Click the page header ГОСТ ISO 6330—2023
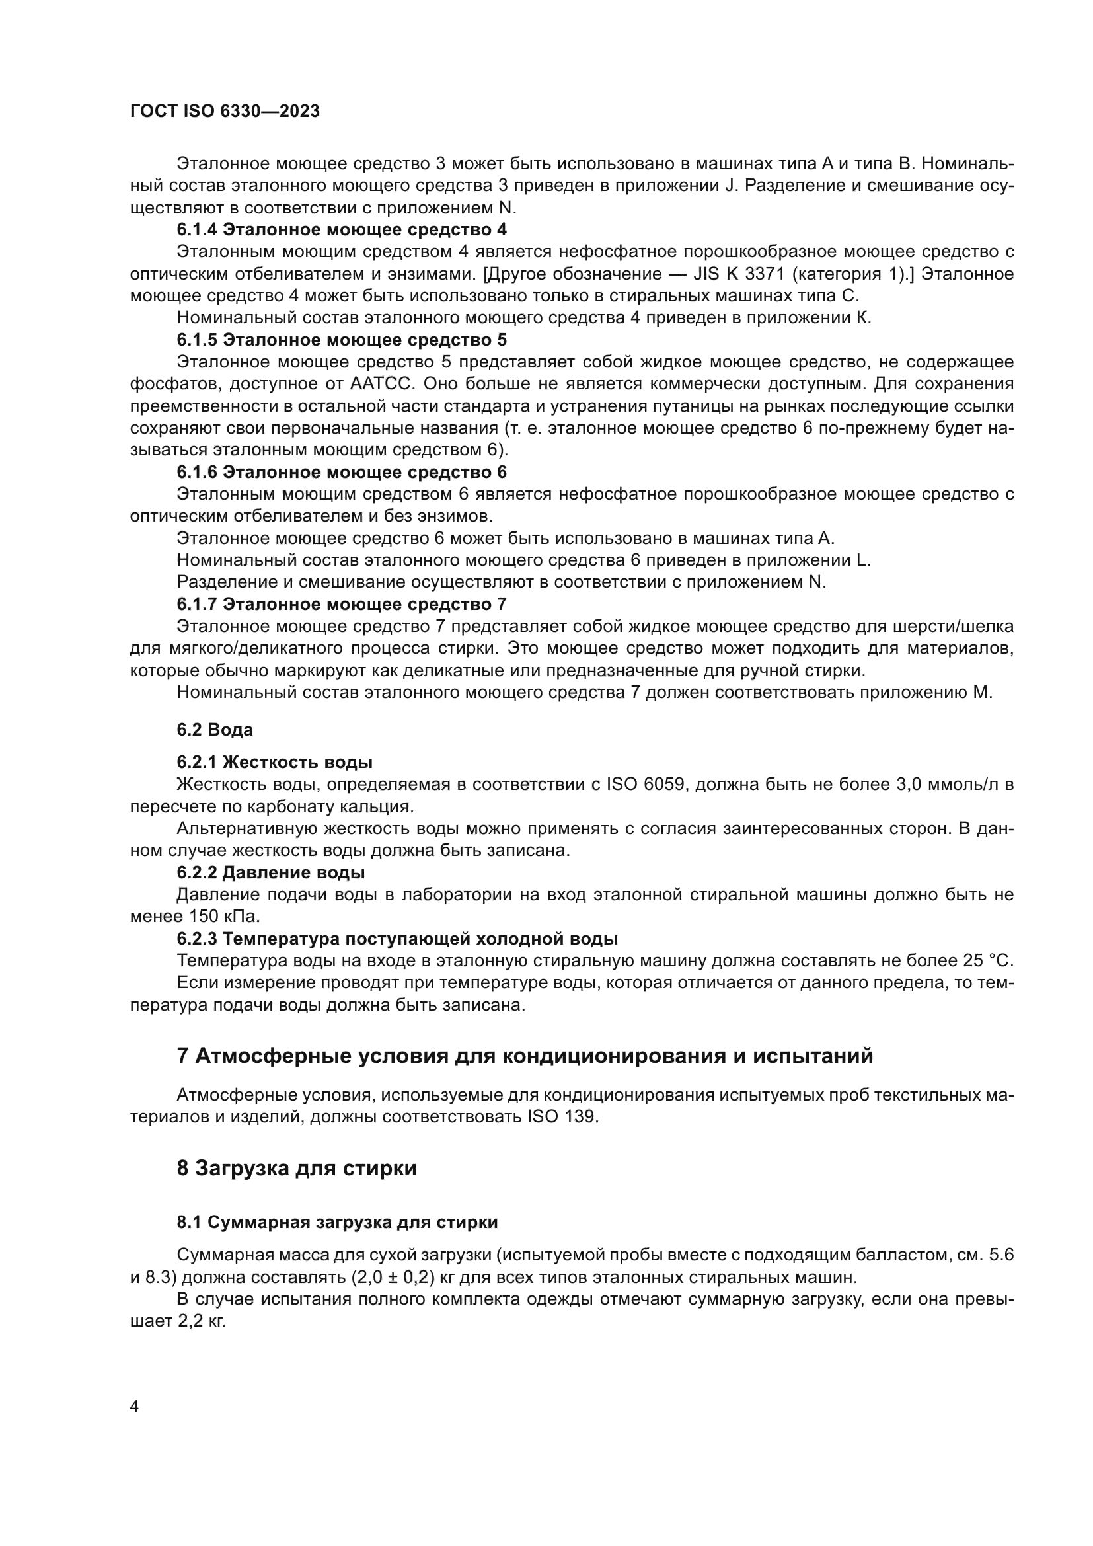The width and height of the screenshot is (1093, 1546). pos(225,112)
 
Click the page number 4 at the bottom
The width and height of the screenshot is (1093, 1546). pos(134,1407)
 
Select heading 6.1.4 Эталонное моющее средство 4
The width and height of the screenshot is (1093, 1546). pos(341,229)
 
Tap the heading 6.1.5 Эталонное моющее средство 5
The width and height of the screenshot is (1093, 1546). pos(341,339)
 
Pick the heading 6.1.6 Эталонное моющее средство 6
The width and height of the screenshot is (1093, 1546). pos(341,472)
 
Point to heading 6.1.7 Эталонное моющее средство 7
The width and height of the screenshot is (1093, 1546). pos(341,604)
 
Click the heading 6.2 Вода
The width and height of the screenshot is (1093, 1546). pos(215,730)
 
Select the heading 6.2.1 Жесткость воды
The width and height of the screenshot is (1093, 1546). pos(274,762)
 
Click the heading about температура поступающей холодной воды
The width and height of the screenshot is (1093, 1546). pos(397,939)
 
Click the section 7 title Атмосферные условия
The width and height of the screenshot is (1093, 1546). pos(524,1056)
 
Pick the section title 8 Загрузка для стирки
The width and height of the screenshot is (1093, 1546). pos(296,1168)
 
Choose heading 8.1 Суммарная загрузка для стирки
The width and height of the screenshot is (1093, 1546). pos(337,1222)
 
